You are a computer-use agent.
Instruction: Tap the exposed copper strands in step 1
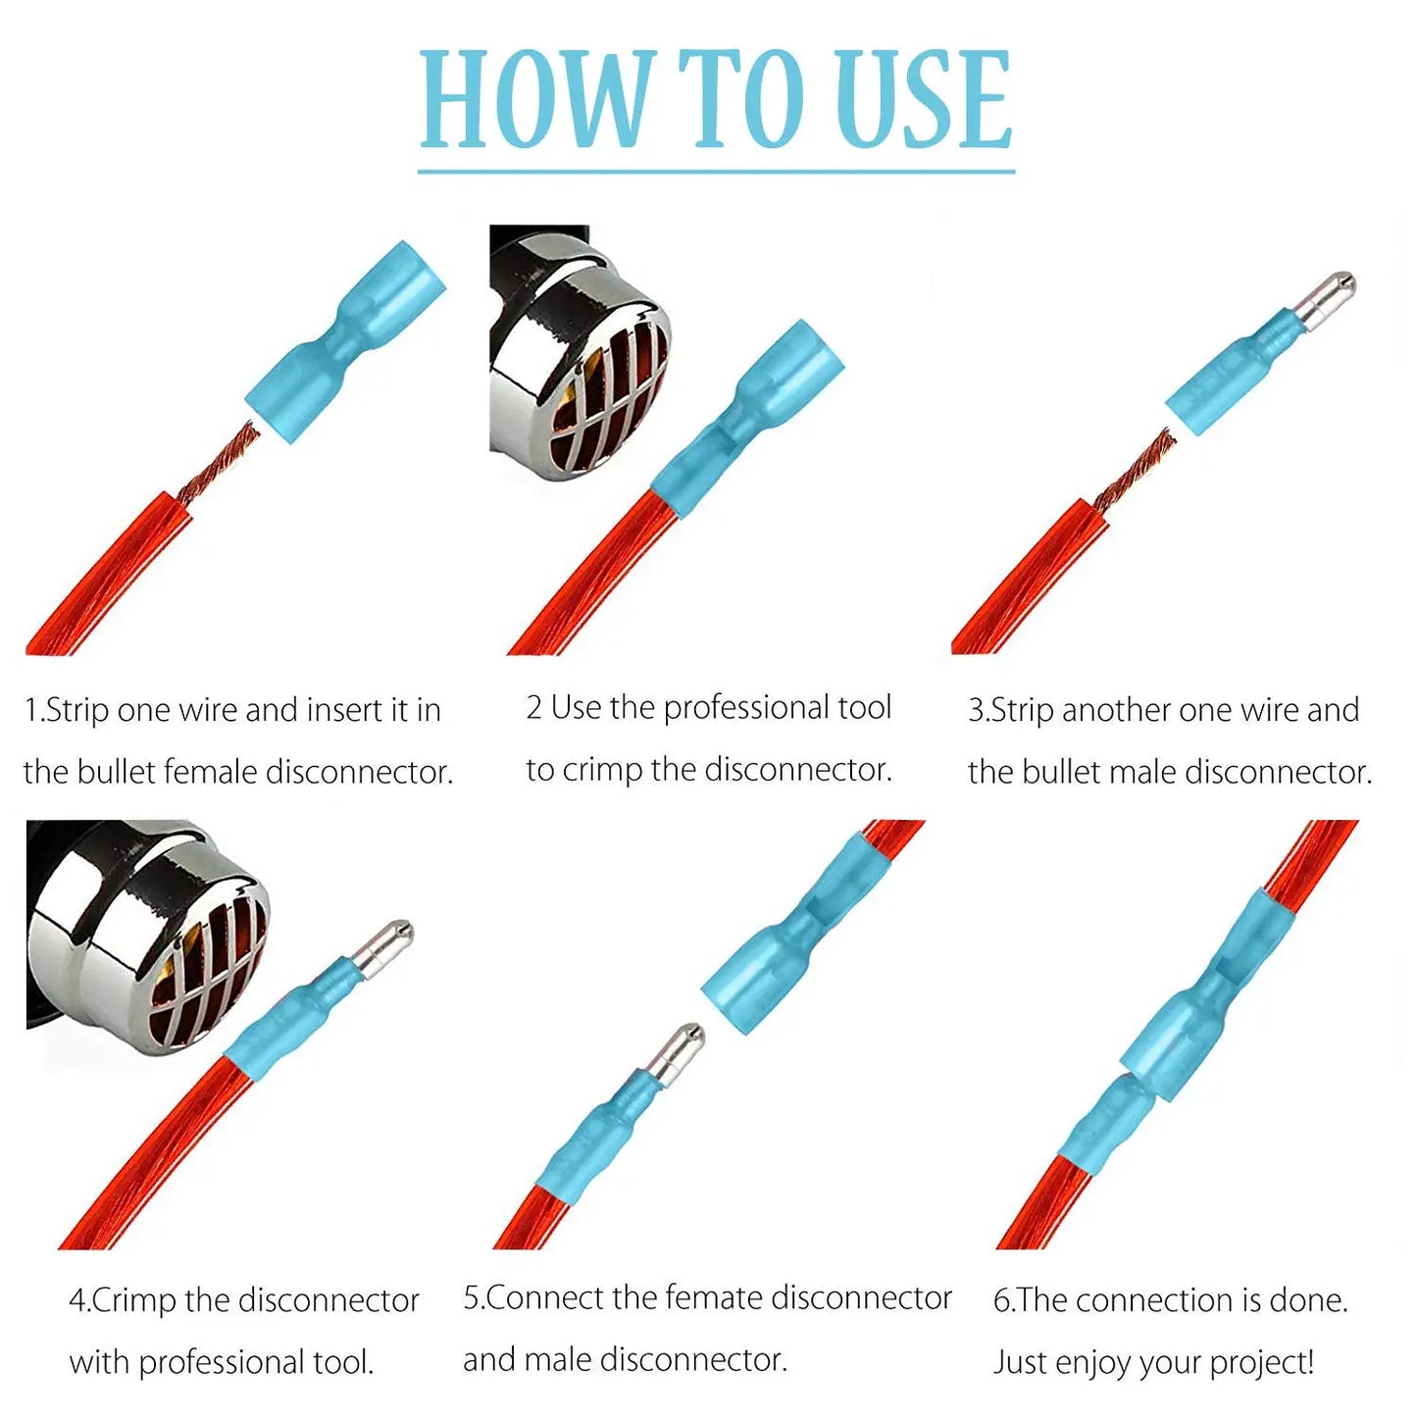tap(222, 461)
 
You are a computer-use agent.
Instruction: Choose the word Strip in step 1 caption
tap(77, 710)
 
